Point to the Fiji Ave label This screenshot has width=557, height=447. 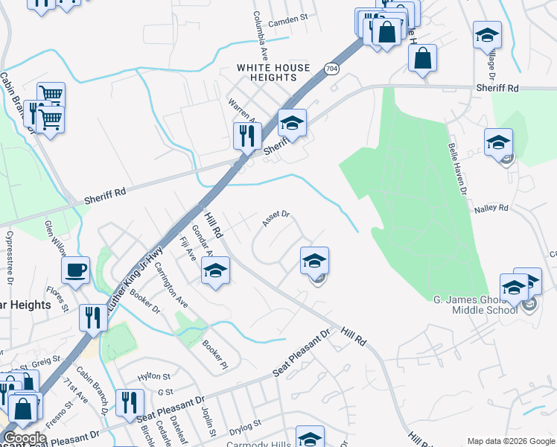(189, 249)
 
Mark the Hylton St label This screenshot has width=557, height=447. (154, 375)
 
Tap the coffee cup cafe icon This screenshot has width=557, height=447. (75, 270)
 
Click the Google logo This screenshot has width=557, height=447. (24, 439)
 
